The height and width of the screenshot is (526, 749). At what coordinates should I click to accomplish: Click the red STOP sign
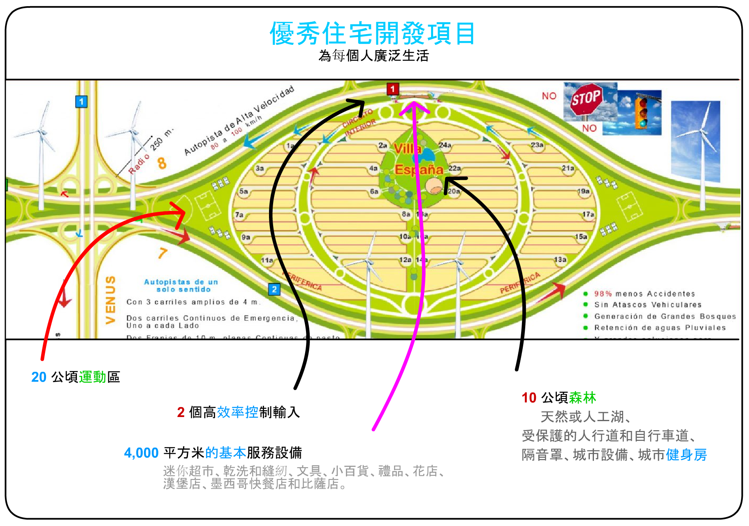coord(586,99)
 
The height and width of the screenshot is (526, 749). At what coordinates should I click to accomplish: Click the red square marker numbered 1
coord(392,89)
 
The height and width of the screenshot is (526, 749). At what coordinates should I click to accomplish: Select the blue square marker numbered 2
coord(274,289)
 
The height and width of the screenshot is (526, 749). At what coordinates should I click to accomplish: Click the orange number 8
coord(162,163)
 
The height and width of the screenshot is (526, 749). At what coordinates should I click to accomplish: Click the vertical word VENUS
coord(110,300)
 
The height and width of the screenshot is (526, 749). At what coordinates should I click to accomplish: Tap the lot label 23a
coord(537,145)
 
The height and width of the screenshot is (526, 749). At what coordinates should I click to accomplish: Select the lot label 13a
coord(560,260)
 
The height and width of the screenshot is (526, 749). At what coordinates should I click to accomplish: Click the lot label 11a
coord(267,260)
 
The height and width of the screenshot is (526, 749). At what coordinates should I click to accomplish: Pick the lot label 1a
coord(290,146)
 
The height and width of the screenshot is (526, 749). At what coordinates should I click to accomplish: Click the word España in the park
coord(418,169)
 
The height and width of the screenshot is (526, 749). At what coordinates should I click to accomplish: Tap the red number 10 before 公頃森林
coord(529,398)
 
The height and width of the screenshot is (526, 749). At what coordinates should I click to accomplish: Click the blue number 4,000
coord(141,453)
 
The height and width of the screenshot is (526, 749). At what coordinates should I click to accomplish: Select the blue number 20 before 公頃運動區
coord(39,377)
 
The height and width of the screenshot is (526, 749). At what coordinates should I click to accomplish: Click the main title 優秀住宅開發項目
coord(373,33)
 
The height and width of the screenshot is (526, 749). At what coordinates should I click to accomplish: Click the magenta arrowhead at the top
coord(414,106)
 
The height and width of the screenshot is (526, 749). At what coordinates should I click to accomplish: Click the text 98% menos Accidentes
coord(645,294)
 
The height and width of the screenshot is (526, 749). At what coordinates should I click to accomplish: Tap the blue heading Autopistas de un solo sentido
coord(181,285)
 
